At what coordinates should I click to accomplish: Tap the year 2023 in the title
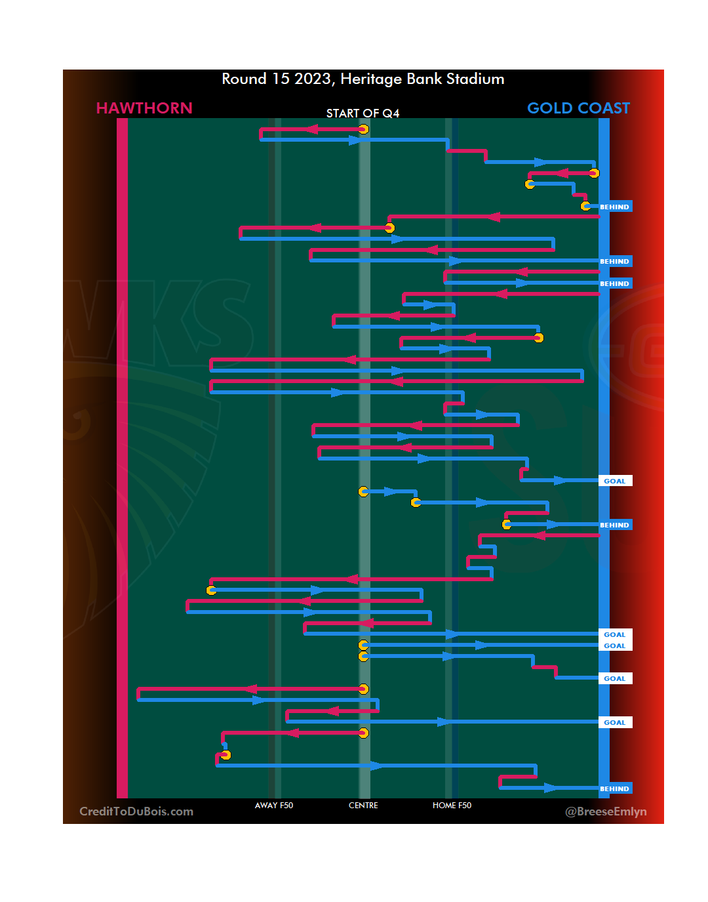(312, 79)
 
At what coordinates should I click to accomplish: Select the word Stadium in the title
(475, 79)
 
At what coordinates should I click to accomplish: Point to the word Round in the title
(244, 79)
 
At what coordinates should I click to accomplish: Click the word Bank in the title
(424, 79)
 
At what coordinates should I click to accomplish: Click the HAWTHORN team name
(144, 108)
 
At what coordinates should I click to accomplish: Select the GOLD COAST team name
(578, 108)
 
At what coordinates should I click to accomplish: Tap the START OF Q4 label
(363, 113)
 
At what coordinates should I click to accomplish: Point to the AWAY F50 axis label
(274, 806)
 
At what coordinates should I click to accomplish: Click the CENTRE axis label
(363, 806)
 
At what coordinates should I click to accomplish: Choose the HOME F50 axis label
(452, 806)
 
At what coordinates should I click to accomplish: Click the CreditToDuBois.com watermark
(136, 811)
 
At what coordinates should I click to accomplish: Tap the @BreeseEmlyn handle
(606, 812)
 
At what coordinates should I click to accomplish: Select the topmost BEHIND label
(614, 207)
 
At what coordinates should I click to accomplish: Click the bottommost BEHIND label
(614, 789)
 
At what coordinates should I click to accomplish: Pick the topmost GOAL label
(614, 482)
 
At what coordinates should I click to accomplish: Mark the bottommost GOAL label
(614, 723)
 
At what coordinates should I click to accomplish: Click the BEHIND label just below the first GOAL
(614, 525)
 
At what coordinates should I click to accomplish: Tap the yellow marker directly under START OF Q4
(363, 129)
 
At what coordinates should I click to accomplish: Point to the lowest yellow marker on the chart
(226, 755)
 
